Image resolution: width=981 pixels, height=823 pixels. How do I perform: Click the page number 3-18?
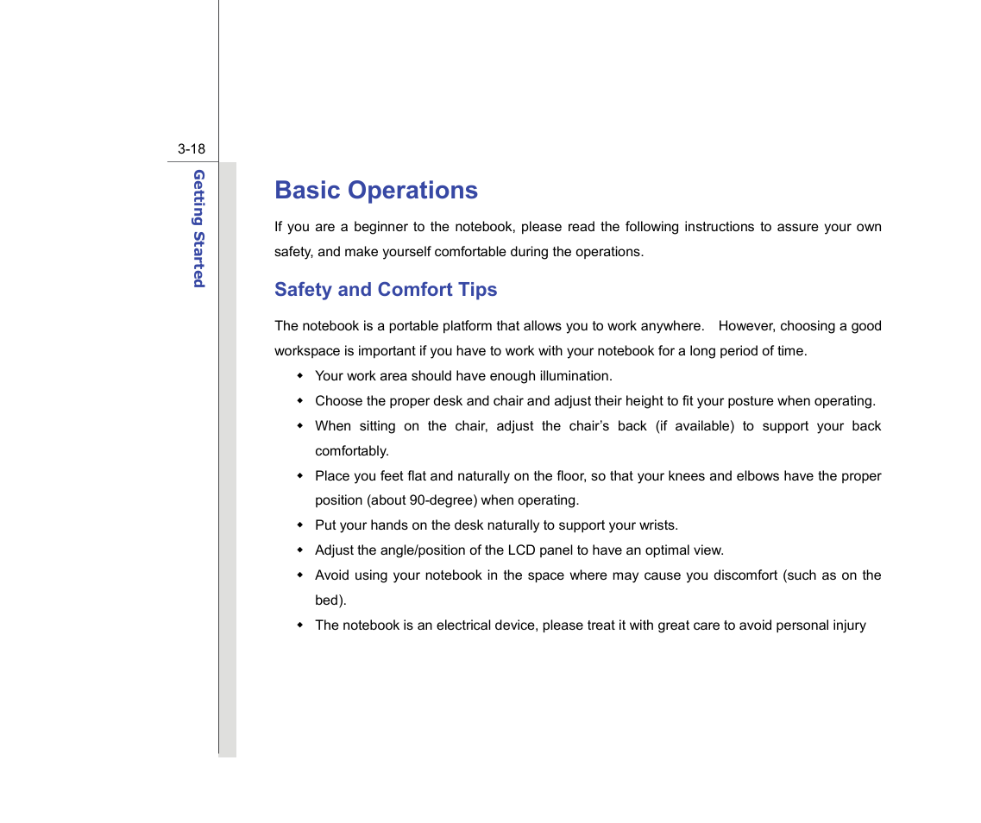coord(192,149)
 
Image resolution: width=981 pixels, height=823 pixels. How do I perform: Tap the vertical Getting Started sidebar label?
coord(198,229)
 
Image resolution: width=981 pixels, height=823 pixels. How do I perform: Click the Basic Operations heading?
coord(375,191)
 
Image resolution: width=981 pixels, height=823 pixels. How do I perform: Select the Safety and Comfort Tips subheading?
coord(385,290)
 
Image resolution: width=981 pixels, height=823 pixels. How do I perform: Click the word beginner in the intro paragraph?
coord(380,227)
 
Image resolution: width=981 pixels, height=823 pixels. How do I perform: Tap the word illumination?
coord(575,376)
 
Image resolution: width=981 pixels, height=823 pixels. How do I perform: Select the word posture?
coord(750,401)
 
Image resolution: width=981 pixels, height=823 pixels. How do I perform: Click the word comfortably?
coord(351,451)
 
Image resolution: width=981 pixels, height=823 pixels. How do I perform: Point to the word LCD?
coord(522,550)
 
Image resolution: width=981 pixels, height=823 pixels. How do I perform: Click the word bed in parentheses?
coord(329,600)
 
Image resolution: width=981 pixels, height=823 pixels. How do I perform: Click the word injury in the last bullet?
coord(846,625)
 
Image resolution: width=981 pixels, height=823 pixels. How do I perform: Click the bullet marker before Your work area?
coord(300,376)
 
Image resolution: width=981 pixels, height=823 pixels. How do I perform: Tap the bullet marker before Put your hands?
coord(300,525)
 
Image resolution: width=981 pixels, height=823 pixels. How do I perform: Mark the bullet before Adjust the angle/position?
coord(300,550)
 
